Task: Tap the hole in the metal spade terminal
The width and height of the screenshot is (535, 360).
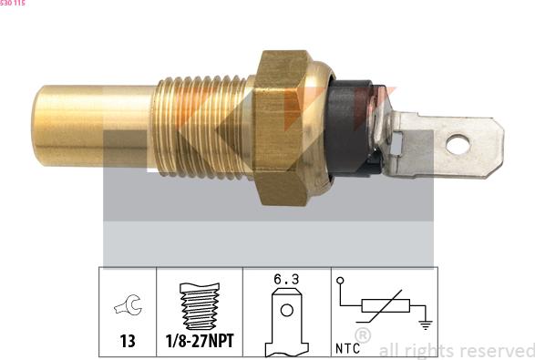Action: (x=461, y=142)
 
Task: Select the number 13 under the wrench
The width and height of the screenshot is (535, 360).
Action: (x=127, y=342)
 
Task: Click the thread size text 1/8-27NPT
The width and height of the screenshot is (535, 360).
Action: (x=199, y=342)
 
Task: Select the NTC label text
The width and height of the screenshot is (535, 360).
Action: (x=348, y=347)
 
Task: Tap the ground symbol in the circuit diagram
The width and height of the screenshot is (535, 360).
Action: (x=425, y=322)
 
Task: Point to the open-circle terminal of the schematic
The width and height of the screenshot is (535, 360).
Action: (x=340, y=283)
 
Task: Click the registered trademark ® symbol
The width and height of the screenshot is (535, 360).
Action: (x=363, y=336)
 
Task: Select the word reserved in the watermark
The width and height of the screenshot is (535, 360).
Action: (x=498, y=350)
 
